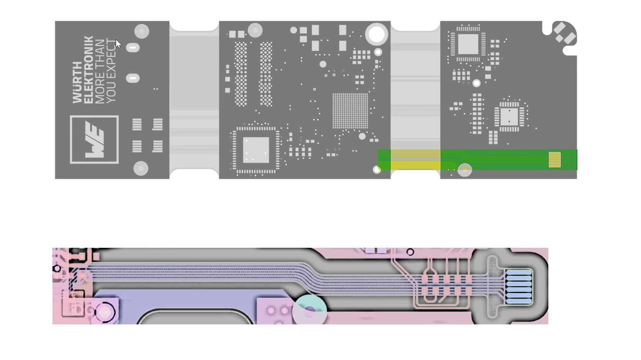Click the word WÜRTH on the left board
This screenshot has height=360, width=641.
tap(77, 82)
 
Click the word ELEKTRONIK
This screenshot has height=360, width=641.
tap(88, 70)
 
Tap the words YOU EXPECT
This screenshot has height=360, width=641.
tap(111, 71)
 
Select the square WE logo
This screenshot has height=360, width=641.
tap(94, 139)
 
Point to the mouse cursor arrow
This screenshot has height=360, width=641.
tap(118, 44)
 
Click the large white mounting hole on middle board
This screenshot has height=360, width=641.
tap(377, 34)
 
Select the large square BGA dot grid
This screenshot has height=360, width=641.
tap(350, 111)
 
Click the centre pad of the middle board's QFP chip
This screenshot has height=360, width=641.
tap(256, 150)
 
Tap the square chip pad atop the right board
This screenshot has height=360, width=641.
tap(468, 44)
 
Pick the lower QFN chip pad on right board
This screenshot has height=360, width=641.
tap(509, 117)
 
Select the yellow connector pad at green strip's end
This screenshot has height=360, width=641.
tap(554, 160)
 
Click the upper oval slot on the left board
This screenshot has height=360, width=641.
tap(133, 48)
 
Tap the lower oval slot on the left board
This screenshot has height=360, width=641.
tap(133, 79)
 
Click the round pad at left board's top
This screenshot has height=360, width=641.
tap(142, 31)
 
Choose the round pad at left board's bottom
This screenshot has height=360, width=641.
tap(141, 168)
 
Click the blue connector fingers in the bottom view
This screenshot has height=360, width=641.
tap(518, 287)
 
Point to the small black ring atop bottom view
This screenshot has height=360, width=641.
tap(410, 252)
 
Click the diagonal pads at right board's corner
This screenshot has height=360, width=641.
tap(564, 33)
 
